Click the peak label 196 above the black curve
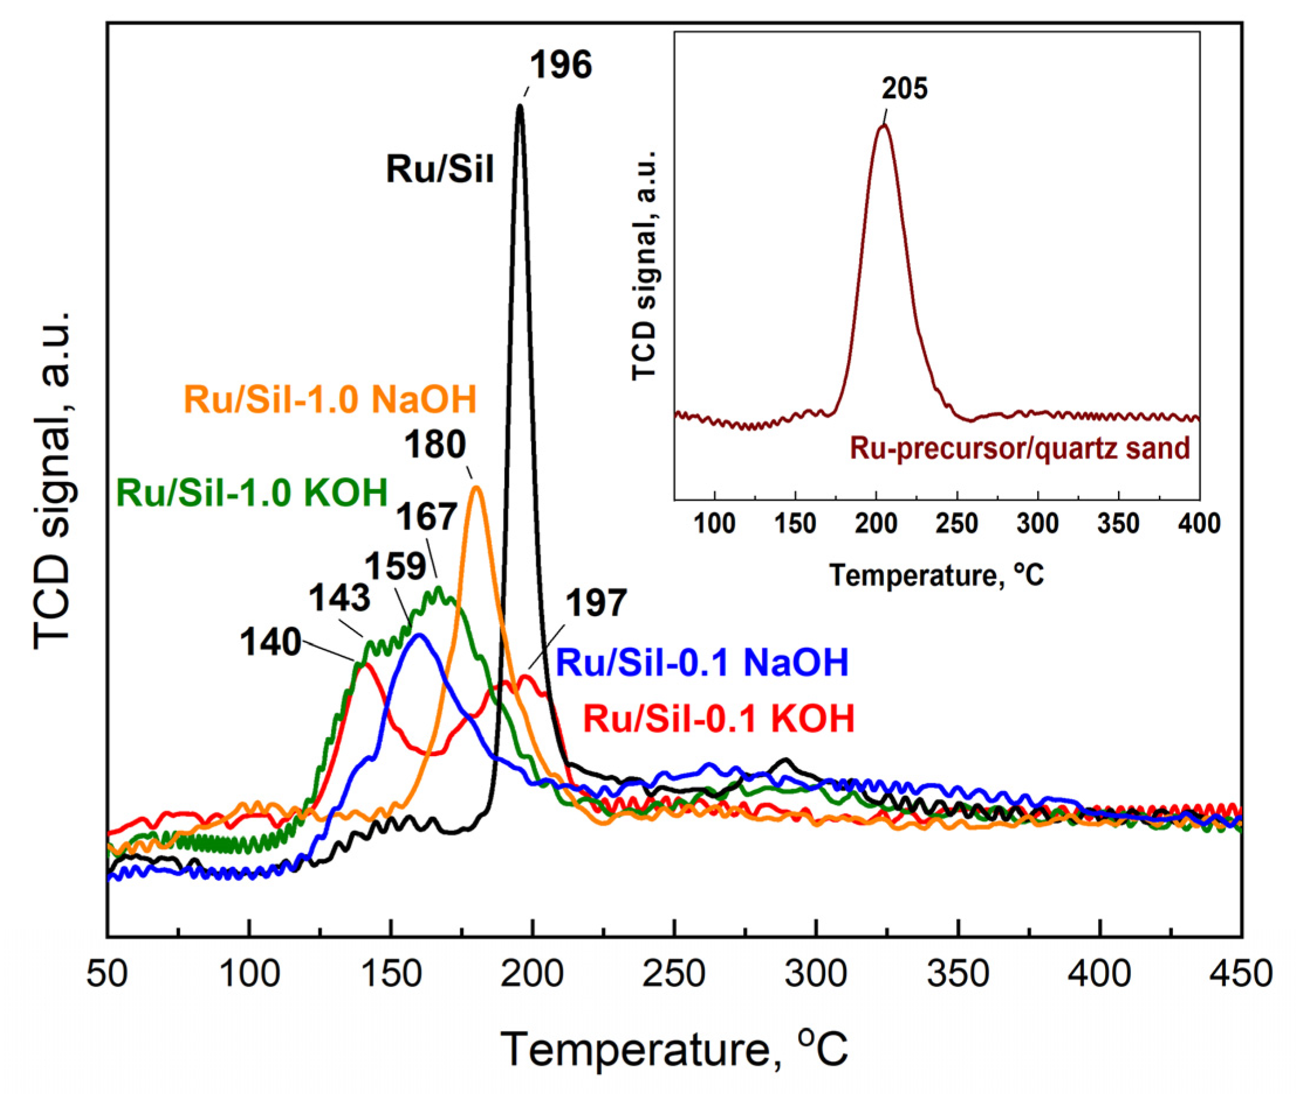point(560,65)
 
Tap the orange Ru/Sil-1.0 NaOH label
point(330,399)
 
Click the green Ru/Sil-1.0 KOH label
point(252,493)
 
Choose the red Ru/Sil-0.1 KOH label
point(719,719)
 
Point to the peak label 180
point(435,445)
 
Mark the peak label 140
point(271,642)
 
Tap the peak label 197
point(596,603)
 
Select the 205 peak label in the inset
point(905,88)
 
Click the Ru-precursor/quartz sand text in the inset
point(1020,448)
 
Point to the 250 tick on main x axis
point(674,975)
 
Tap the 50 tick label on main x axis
point(107,975)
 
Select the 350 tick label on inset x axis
point(1118,524)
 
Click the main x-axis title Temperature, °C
point(673,1049)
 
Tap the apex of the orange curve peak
point(476,487)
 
